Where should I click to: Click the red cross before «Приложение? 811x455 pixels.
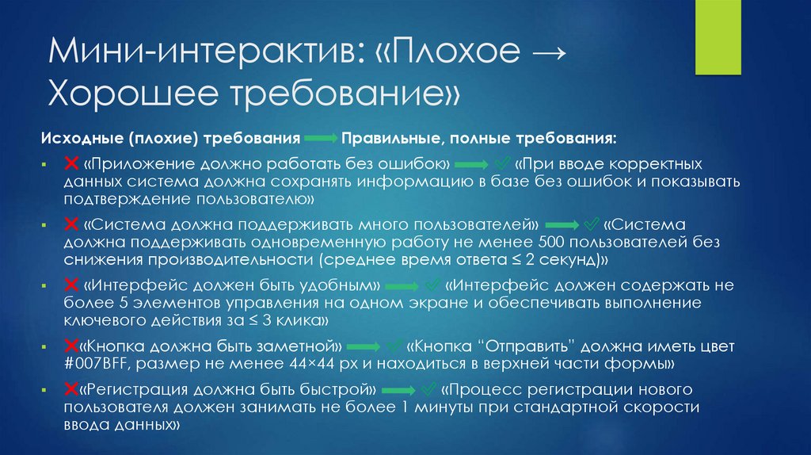[x=70, y=163]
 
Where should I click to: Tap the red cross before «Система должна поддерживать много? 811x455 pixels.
[x=70, y=224]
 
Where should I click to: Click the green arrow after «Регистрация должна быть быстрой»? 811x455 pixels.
[x=401, y=390]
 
